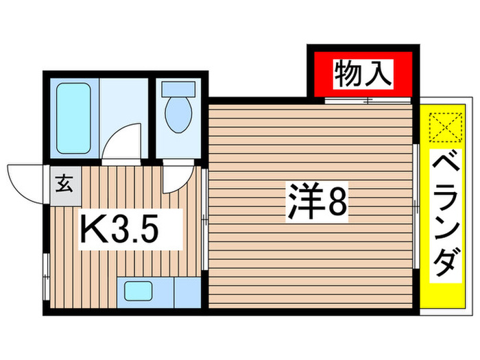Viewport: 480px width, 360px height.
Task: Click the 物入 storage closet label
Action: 363,73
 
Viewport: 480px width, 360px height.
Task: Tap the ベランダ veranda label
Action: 446,215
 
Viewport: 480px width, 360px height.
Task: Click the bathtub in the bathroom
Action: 74,118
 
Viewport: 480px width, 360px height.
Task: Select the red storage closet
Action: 363,73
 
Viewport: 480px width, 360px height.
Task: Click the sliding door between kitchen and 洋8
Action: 206,219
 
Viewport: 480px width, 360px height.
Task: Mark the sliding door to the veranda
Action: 417,205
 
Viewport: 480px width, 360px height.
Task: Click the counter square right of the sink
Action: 185,292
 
